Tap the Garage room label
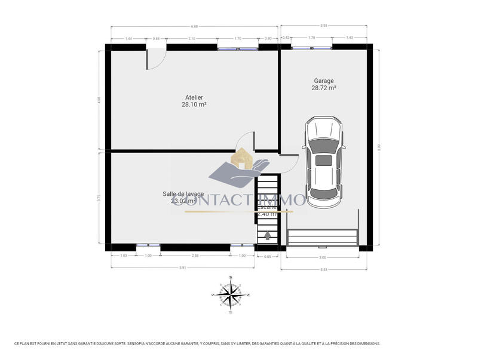[x=324, y=81]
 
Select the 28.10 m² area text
[x=194, y=104]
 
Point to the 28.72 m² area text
[x=324, y=88]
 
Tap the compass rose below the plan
[x=231, y=294]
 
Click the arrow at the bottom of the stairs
[x=266, y=235]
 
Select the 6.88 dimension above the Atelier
[x=194, y=26]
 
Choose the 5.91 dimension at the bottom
[x=183, y=267]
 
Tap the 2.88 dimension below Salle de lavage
[x=195, y=256]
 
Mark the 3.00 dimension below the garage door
[x=322, y=257]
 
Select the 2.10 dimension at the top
[x=191, y=38]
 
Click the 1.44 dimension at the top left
[x=128, y=38]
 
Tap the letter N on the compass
[x=248, y=295]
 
